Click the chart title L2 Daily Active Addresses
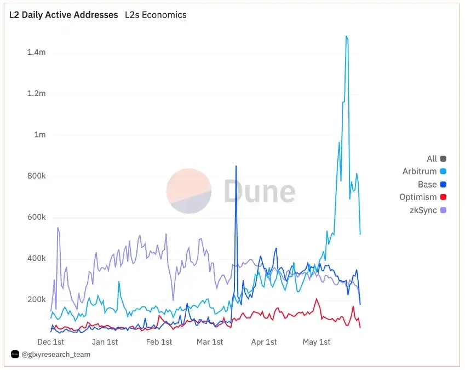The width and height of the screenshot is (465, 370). [x=64, y=15]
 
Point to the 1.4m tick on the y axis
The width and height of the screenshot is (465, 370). [x=36, y=53]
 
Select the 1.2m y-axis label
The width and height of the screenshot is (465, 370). [x=36, y=94]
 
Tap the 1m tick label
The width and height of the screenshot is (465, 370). [x=39, y=135]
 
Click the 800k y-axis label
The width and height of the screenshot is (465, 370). [x=36, y=177]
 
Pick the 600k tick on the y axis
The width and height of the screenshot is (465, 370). [x=36, y=218]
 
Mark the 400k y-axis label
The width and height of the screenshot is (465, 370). [x=36, y=259]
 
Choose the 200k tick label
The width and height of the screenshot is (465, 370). [x=36, y=300]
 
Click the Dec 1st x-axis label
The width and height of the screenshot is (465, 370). [x=51, y=342]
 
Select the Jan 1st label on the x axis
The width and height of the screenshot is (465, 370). [x=105, y=342]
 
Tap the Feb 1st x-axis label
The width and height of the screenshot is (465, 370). [x=159, y=342]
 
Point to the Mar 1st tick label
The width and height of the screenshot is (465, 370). [x=210, y=342]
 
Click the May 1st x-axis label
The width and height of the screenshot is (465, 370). [x=317, y=342]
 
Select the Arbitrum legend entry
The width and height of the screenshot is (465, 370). [x=420, y=172]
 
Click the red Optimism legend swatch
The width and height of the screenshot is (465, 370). [x=443, y=197]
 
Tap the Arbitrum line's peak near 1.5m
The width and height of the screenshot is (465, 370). [x=346, y=37]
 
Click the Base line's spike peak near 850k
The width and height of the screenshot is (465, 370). [x=236, y=166]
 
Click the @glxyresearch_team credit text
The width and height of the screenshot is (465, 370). [x=56, y=355]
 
